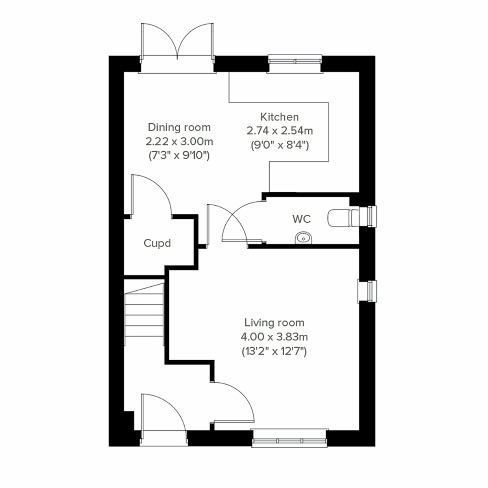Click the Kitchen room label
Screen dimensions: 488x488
coord(279,117)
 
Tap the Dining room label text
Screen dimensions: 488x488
coord(179,127)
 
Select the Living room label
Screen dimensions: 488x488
coord(274,323)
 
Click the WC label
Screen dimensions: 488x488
coord(301,219)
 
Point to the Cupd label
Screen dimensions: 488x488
coord(157,244)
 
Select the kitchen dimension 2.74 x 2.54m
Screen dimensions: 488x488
coord(279,131)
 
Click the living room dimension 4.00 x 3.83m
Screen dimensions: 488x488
coord(274,337)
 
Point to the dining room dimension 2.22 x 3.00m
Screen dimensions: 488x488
coord(179,142)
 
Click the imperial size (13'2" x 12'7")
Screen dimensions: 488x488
coord(274,351)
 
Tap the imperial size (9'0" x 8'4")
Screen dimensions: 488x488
coord(279,145)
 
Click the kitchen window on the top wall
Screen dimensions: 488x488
coord(295,61)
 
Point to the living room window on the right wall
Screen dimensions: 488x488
coord(368,291)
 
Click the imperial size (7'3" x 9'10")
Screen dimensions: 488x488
coord(179,155)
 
